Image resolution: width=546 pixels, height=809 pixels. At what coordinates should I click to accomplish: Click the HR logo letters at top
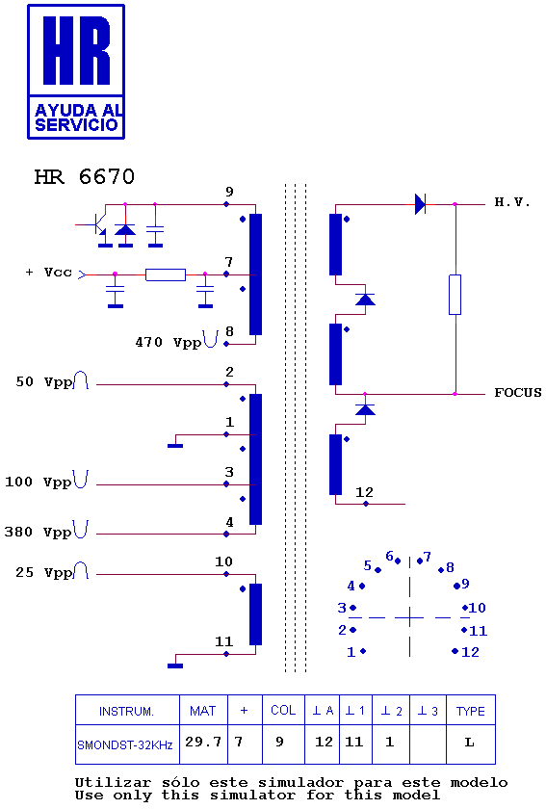tap(76, 50)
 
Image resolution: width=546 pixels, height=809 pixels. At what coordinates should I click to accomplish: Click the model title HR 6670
tap(84, 177)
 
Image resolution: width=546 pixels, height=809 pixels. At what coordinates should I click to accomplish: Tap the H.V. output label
tap(512, 202)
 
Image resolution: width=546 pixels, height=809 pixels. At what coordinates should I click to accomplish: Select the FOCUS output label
tap(518, 393)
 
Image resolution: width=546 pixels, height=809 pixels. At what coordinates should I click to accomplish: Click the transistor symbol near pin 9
tap(97, 224)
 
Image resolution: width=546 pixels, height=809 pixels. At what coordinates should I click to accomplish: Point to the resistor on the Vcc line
tap(166, 274)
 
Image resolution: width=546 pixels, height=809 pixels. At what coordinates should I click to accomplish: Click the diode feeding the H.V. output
tap(420, 204)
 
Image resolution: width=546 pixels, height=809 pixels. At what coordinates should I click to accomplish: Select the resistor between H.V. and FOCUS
tap(455, 295)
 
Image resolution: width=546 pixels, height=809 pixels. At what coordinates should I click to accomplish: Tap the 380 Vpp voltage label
tap(38, 532)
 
